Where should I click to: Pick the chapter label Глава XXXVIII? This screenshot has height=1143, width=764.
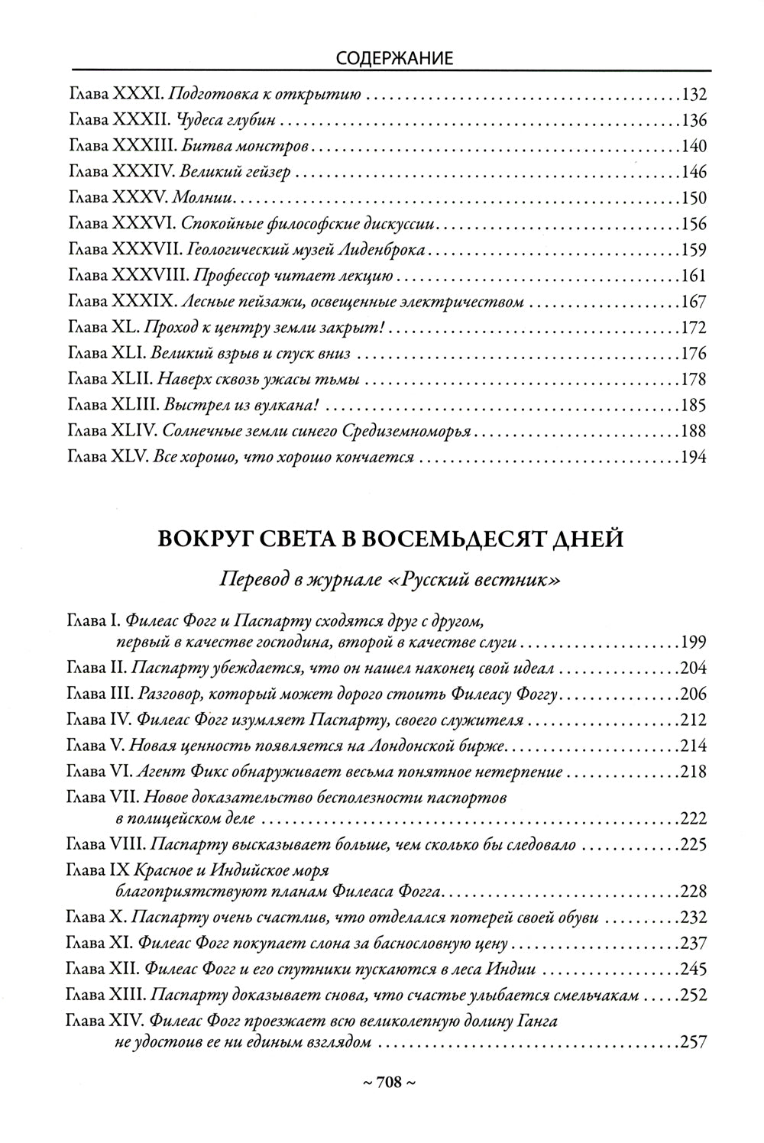[127, 277]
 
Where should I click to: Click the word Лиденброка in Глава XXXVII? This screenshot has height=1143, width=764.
[389, 251]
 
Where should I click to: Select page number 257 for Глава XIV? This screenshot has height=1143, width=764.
[693, 1042]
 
